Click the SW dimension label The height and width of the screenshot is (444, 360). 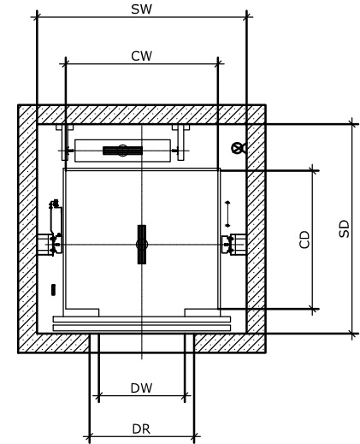point(141,9)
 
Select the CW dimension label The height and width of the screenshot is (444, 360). point(141,56)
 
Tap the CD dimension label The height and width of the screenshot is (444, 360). point(304,240)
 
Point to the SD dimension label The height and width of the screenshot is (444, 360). point(344,228)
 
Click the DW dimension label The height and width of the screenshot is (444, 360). point(141,388)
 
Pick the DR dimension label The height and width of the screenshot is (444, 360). point(141,429)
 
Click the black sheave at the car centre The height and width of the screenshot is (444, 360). point(142,245)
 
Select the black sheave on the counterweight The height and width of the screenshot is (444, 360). point(122,151)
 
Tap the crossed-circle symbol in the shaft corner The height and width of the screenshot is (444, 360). point(239,148)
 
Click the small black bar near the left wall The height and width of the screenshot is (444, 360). point(53,290)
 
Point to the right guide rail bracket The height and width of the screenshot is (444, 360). point(234,245)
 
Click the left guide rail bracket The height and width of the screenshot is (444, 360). point(50,245)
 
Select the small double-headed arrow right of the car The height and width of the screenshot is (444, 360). point(227,214)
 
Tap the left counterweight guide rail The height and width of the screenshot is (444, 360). point(65,143)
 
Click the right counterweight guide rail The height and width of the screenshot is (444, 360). point(180,143)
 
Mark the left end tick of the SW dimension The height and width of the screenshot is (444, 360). point(37,17)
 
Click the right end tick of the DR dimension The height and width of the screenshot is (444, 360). point(194,436)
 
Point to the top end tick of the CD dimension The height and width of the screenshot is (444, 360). point(313,170)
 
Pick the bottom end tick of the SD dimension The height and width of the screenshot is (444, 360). point(352,333)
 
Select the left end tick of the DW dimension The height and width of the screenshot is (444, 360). point(98,396)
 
